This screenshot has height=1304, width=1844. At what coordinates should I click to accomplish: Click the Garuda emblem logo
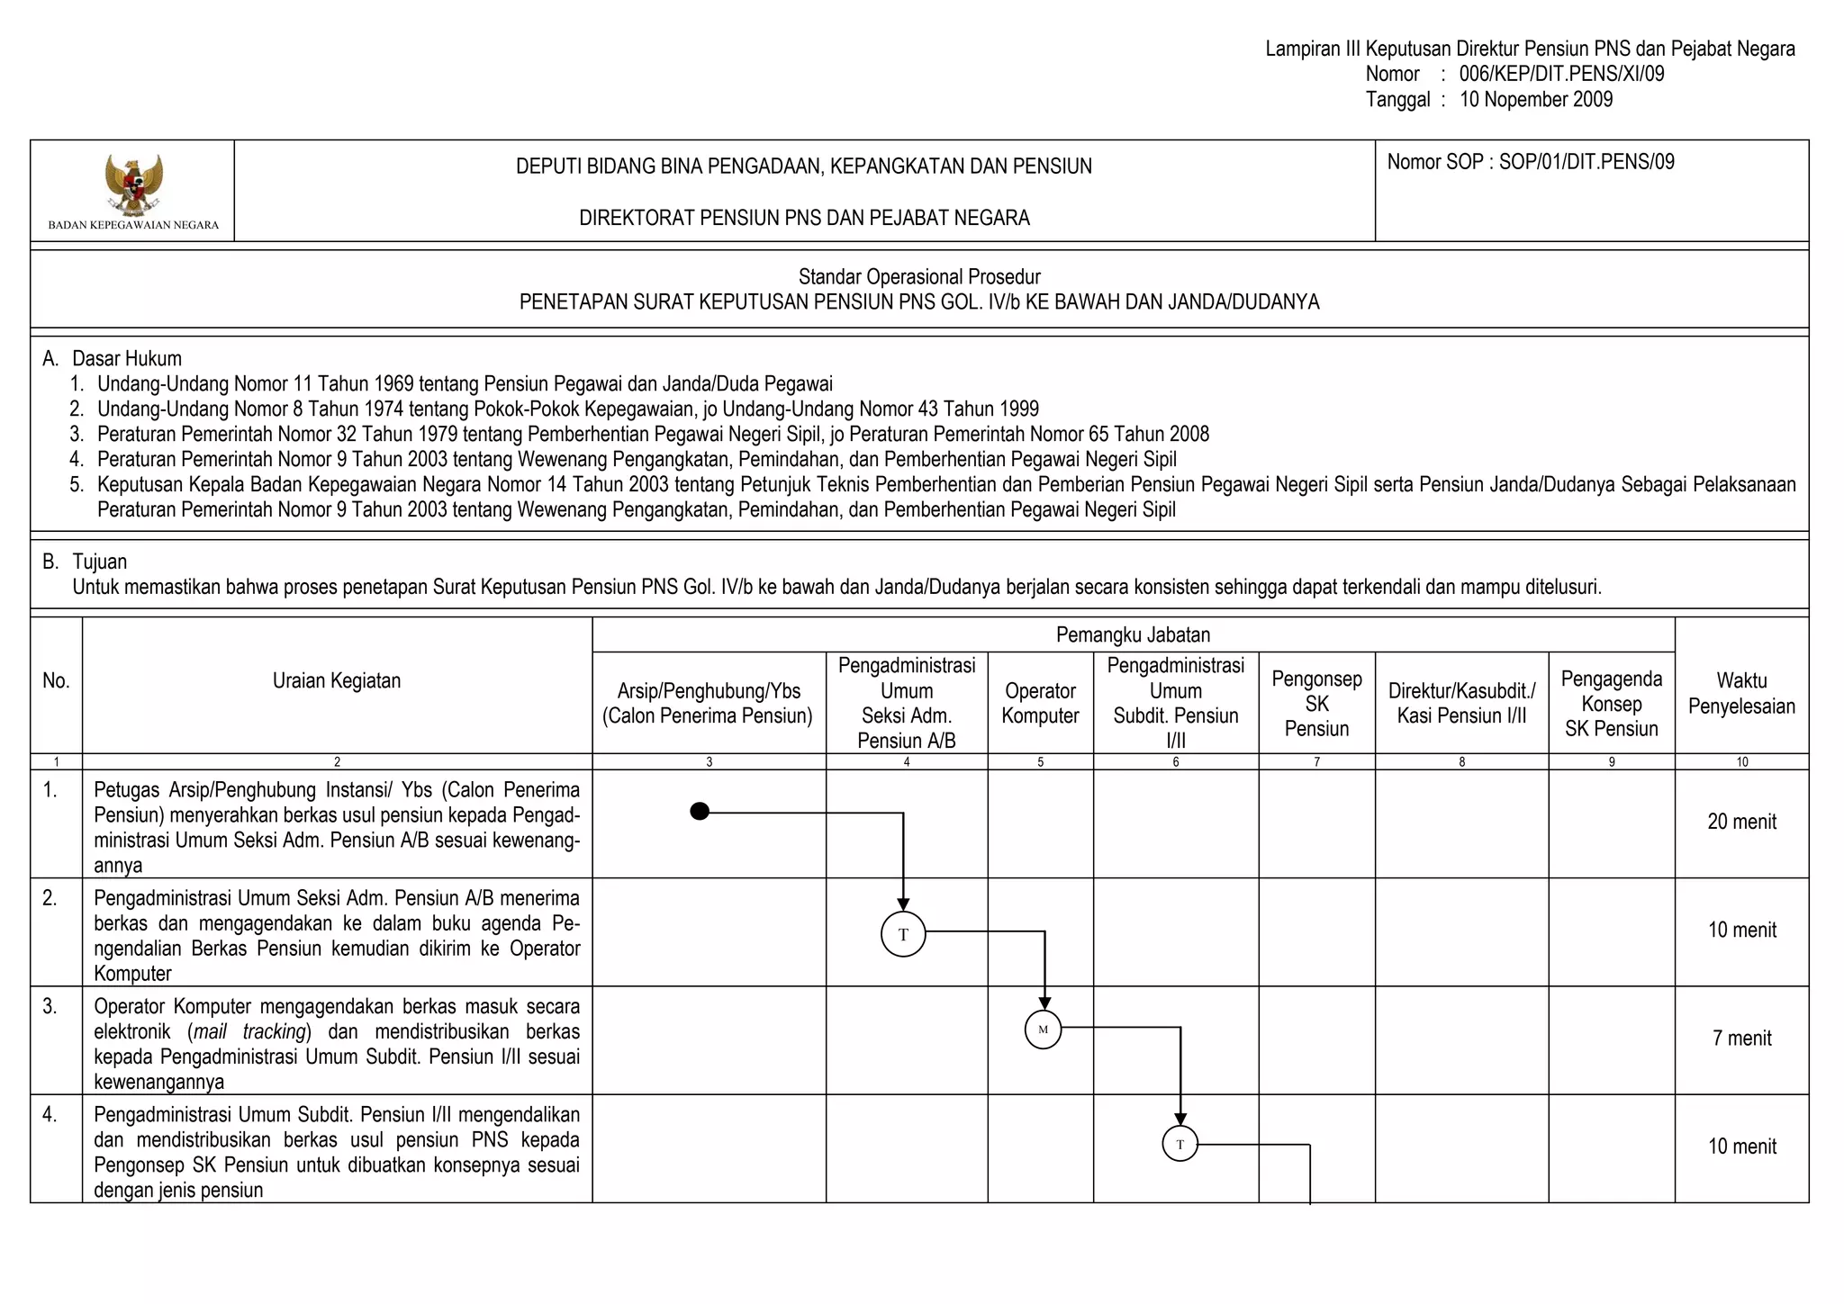tap(133, 184)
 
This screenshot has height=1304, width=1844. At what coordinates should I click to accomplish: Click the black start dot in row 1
tap(700, 812)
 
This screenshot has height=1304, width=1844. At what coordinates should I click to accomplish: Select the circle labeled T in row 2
tap(903, 934)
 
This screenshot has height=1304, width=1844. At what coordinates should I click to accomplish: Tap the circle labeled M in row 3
tap(1044, 1030)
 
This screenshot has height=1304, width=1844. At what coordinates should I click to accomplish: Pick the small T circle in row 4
tap(1180, 1145)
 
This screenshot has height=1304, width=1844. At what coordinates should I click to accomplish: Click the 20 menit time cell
tap(1741, 822)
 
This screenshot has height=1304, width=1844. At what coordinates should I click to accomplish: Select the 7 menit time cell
tap(1741, 1039)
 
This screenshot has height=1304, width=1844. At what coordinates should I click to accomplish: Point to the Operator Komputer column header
tap(1040, 703)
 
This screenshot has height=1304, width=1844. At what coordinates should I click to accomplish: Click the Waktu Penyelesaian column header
tap(1741, 693)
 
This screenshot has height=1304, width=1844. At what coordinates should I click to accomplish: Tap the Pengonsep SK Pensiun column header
tap(1316, 703)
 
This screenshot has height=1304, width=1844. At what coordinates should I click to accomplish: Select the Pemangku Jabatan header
tap(1133, 634)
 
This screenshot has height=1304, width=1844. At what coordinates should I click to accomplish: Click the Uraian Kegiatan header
tap(337, 680)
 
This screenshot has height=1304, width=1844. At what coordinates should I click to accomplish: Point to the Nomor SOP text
tap(1531, 162)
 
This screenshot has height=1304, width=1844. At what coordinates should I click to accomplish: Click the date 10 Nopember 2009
tap(1536, 100)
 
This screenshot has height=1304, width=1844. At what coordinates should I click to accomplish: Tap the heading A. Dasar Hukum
tap(112, 358)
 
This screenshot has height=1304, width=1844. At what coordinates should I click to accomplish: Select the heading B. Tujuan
tap(85, 562)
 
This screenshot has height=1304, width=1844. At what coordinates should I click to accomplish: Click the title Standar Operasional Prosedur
tap(919, 276)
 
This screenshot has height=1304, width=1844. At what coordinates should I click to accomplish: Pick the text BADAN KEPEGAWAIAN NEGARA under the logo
tap(133, 225)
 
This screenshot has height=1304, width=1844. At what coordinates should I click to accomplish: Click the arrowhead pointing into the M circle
tap(1044, 1003)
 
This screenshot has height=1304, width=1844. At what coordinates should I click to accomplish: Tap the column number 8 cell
tap(1461, 762)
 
